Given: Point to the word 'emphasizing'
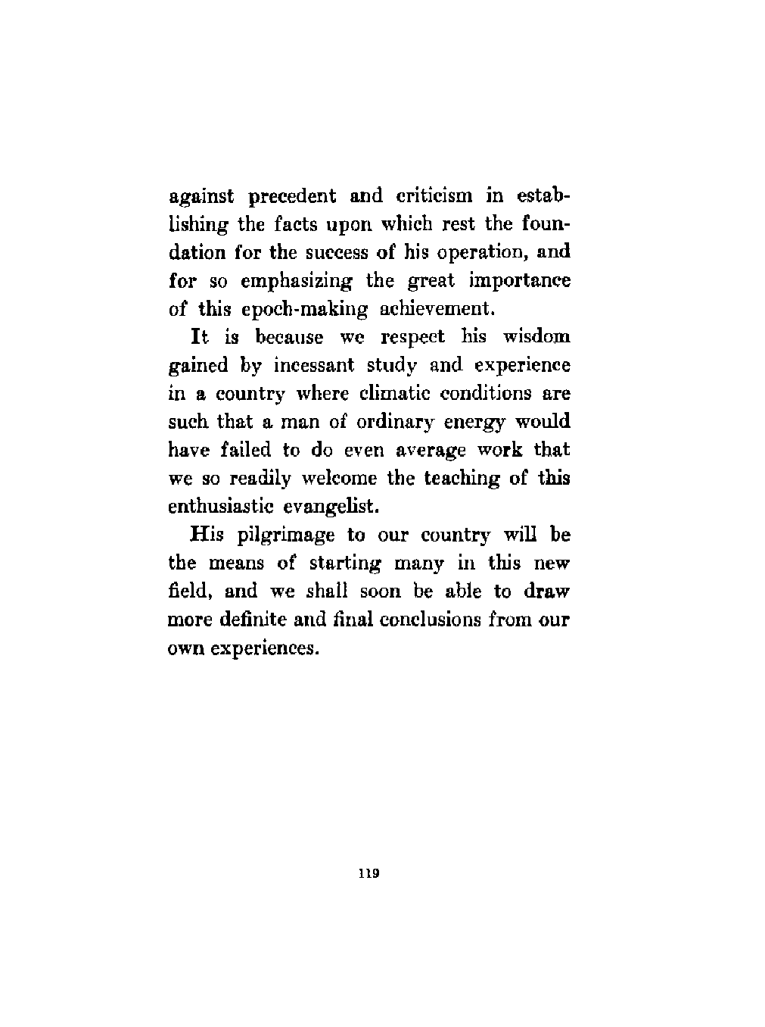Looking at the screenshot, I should [299, 282].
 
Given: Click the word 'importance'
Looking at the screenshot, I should [520, 282].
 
